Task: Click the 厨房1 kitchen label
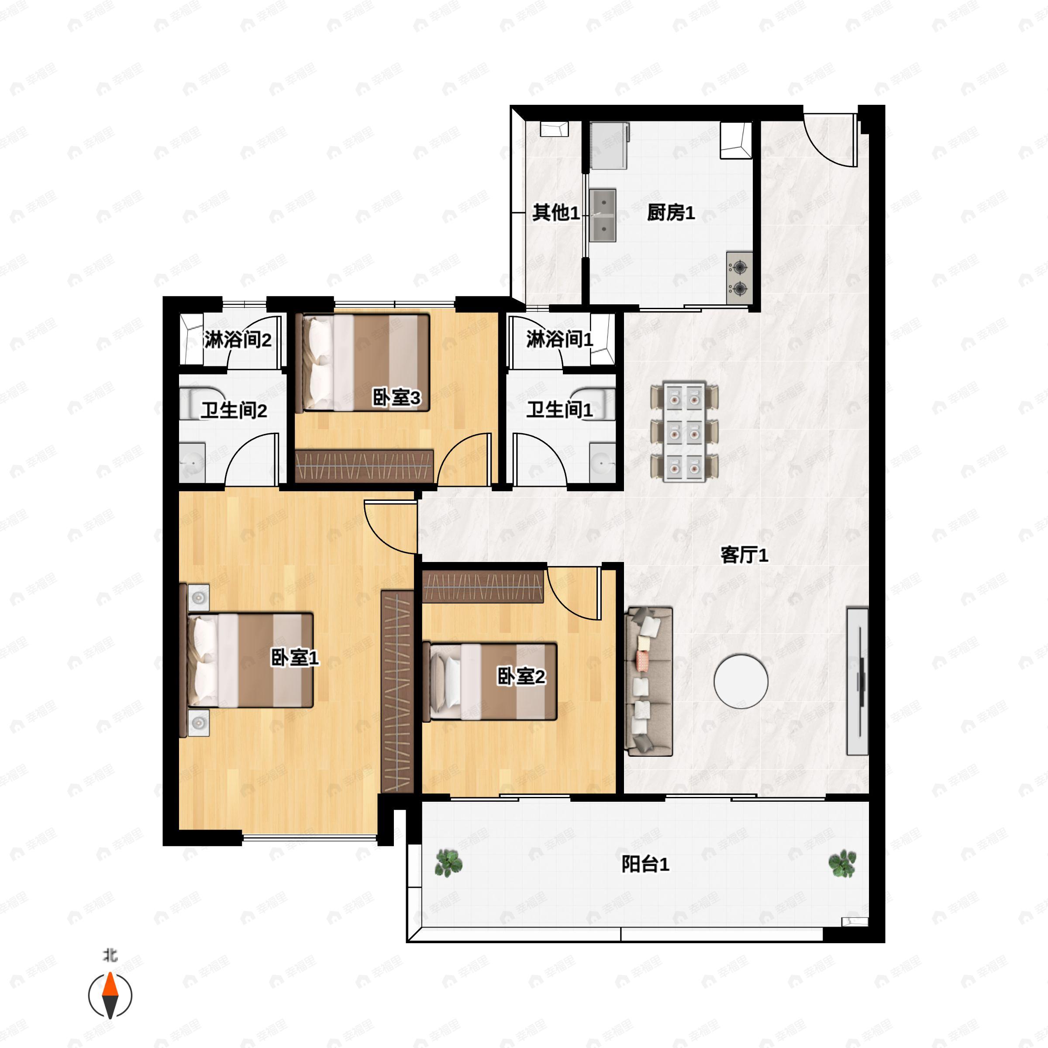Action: click(670, 213)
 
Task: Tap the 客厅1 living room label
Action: click(744, 555)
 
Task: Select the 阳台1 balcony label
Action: click(645, 864)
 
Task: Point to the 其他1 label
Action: click(555, 213)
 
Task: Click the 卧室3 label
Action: click(396, 398)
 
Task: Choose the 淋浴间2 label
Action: click(238, 340)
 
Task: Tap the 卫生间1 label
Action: click(559, 410)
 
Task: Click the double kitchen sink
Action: click(603, 215)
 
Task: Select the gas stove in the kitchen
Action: click(739, 278)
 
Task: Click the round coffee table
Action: click(741, 681)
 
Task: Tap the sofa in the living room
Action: click(649, 681)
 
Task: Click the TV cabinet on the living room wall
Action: click(857, 681)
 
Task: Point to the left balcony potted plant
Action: click(448, 862)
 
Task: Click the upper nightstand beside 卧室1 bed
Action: click(199, 598)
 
